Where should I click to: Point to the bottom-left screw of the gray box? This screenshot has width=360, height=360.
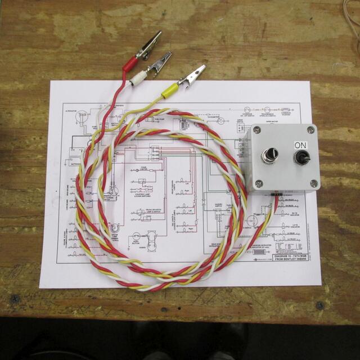point(259,183)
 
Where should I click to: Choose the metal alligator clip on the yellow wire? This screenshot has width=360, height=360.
point(193,73)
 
